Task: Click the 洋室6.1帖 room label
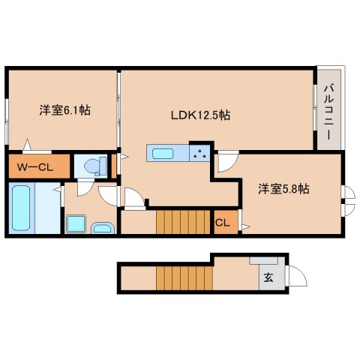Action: pyautogui.click(x=64, y=110)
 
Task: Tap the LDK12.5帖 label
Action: pyautogui.click(x=200, y=115)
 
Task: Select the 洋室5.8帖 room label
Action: pyautogui.click(x=283, y=189)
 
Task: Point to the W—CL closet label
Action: pyautogui.click(x=35, y=167)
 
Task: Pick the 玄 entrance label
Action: pyautogui.click(x=268, y=277)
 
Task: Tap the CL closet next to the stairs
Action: pyautogui.click(x=223, y=223)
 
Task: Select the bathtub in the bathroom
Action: pyautogui.click(x=21, y=208)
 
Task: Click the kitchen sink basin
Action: pyautogui.click(x=163, y=154)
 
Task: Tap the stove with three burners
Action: pyautogui.click(x=199, y=153)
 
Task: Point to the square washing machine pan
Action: pyautogui.click(x=76, y=223)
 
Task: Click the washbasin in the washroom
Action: pyautogui.click(x=103, y=228)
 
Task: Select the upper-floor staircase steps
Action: pyautogui.click(x=183, y=222)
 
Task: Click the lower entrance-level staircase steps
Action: pyautogui.click(x=184, y=278)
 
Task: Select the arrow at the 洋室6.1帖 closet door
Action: pyautogui.click(x=27, y=144)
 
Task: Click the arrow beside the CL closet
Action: pyautogui.click(x=246, y=227)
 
